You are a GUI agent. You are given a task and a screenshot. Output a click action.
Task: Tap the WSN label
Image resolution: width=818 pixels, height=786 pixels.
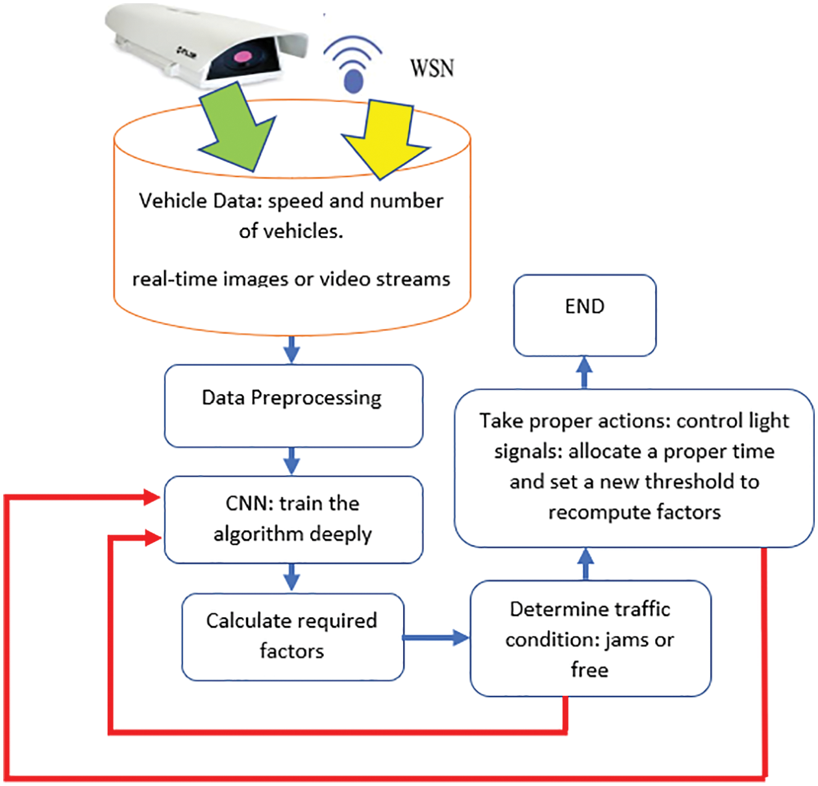[432, 68]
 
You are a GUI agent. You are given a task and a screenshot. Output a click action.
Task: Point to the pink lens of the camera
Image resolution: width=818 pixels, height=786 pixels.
[242, 56]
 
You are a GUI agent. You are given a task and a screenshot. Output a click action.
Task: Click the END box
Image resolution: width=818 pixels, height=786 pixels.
[585, 315]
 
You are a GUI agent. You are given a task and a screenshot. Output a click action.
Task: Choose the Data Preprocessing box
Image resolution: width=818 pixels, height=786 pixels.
[293, 406]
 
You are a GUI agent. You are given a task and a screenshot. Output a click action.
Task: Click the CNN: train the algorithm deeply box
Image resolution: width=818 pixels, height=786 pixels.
[293, 519]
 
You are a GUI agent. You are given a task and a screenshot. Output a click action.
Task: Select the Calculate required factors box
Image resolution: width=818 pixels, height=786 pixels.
[293, 636]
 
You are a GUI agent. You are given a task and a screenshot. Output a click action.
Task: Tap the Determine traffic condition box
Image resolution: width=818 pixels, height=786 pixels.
[590, 639]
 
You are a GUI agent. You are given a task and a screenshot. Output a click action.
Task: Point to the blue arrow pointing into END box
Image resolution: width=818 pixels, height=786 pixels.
[585, 372]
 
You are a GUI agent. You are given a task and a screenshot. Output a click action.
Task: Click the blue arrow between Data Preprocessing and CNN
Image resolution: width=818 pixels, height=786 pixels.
[292, 461]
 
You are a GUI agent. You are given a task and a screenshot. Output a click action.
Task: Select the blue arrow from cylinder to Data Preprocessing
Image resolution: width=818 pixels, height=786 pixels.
[292, 350]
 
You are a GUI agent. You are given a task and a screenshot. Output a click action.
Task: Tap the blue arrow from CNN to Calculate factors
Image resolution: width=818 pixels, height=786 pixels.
[292, 577]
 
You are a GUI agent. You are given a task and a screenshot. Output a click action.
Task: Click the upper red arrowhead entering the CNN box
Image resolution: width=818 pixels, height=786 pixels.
[153, 498]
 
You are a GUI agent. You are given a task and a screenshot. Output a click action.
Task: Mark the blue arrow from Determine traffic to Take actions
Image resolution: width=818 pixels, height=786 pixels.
[586, 563]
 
